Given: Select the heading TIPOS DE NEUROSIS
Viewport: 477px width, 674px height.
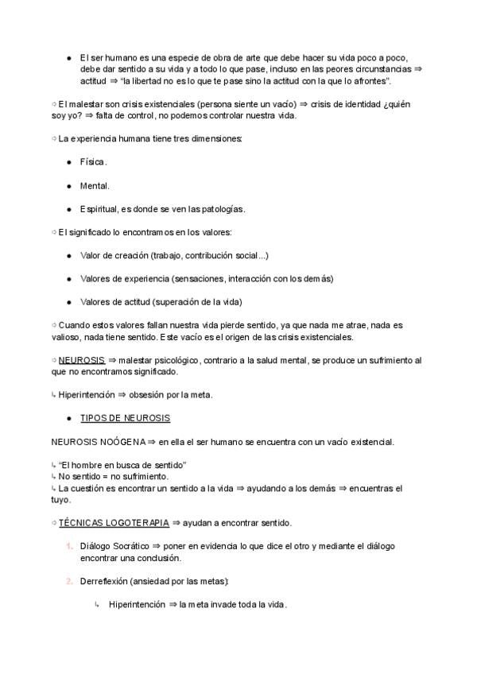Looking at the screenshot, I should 125,417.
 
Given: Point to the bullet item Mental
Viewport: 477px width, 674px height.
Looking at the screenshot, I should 95,185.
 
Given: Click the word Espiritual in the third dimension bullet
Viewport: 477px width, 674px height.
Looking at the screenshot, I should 97,209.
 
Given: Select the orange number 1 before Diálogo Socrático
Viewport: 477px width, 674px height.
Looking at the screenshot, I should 69,546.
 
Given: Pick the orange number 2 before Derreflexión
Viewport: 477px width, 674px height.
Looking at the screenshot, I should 69,581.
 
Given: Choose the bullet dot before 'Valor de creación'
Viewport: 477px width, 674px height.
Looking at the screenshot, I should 69,255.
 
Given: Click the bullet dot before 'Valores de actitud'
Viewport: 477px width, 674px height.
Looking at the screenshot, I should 69,301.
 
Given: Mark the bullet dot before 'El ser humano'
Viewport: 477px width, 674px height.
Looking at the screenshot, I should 69,58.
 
